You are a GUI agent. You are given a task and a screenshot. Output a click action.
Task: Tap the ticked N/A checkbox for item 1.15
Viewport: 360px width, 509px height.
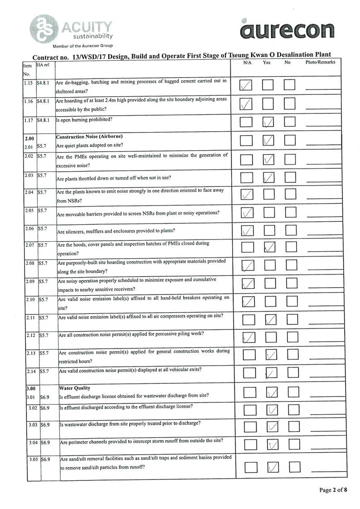246,85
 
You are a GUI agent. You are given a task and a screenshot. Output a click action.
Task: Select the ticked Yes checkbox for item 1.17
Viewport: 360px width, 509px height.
268,122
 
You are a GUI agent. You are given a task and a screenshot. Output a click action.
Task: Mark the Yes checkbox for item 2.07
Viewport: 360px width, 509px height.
269,247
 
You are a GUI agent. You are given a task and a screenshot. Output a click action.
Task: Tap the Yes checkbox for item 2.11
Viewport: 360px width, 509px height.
271,319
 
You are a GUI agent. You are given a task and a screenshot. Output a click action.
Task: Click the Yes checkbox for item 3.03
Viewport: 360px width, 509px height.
272,426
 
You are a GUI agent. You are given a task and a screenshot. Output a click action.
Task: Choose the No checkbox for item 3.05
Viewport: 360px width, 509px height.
295,466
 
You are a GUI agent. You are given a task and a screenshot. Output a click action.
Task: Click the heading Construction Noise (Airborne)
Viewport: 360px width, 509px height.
86,137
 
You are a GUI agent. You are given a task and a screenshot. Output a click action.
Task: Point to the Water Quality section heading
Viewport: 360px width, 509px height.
75,388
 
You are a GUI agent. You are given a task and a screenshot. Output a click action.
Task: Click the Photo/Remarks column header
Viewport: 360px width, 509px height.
320,63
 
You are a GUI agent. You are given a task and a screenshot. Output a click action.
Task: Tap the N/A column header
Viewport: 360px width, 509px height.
247,63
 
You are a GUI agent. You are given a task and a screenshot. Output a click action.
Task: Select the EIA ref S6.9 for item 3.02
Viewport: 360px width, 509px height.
44,408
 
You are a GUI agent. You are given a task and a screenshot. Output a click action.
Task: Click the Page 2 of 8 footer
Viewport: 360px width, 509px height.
333,490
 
